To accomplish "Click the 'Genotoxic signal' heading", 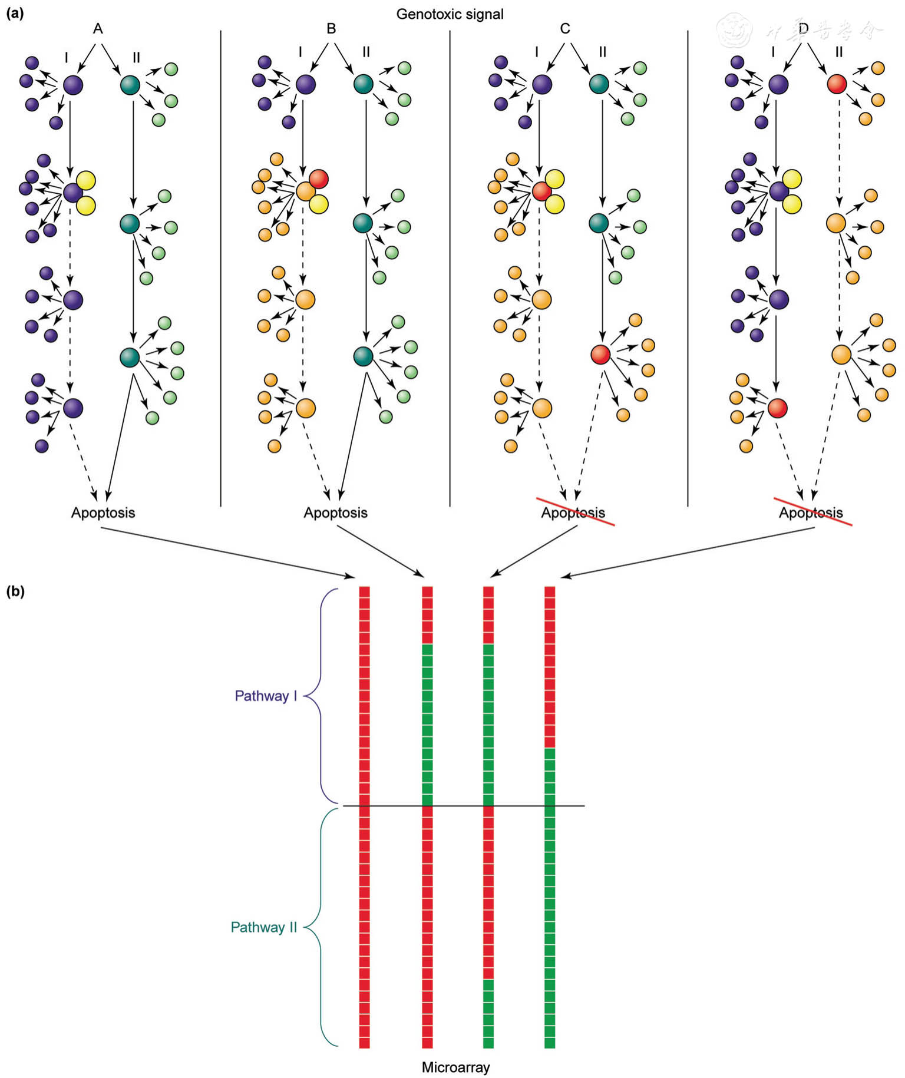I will click(x=450, y=14).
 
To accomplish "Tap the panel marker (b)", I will click(x=15, y=591).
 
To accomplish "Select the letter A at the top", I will click(x=98, y=28).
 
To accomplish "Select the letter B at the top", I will click(x=331, y=28).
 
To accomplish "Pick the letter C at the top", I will click(x=565, y=28).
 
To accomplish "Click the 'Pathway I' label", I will click(x=266, y=696).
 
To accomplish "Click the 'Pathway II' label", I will click(x=263, y=927).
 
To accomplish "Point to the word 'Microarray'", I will click(x=455, y=1067).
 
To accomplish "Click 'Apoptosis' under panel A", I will click(x=103, y=512).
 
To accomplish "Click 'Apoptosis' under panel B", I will click(x=335, y=512).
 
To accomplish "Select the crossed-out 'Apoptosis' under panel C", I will click(x=573, y=512).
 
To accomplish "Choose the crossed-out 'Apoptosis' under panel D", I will click(x=811, y=512).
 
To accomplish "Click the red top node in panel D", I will click(x=837, y=84).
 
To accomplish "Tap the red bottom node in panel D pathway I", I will click(x=778, y=408).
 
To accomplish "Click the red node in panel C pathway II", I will click(x=600, y=355).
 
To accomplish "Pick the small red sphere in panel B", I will click(x=319, y=178).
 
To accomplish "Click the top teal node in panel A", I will click(x=130, y=84).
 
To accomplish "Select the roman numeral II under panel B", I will click(x=366, y=52).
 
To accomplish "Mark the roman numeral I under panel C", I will click(x=536, y=52).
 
